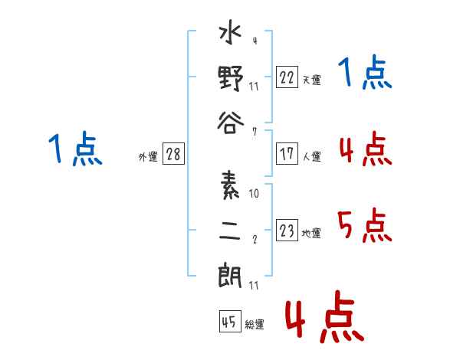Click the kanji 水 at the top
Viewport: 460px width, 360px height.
pyautogui.click(x=230, y=32)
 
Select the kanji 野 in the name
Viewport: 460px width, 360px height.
pyautogui.click(x=231, y=78)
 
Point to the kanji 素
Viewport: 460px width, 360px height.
pyautogui.click(x=230, y=185)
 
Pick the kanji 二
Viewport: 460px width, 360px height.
pyautogui.click(x=230, y=230)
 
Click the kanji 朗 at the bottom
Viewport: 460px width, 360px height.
pyautogui.click(x=230, y=275)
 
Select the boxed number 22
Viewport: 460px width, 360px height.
pyautogui.click(x=287, y=77)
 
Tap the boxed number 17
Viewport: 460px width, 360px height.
pyautogui.click(x=287, y=154)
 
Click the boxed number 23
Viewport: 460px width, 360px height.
pyautogui.click(x=287, y=230)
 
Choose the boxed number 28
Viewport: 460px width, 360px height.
pyautogui.click(x=173, y=154)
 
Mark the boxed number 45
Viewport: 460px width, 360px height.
pyautogui.click(x=230, y=321)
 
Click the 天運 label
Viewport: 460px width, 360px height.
pyautogui.click(x=312, y=80)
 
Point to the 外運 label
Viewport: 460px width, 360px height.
pyautogui.click(x=148, y=156)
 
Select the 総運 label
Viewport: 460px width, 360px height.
pyautogui.click(x=255, y=324)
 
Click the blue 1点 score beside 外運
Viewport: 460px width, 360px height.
pyautogui.click(x=75, y=149)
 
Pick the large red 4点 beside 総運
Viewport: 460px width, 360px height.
pyautogui.click(x=325, y=317)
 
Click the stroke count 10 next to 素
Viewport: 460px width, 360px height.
pyautogui.click(x=254, y=194)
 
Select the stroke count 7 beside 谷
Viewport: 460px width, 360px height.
pyautogui.click(x=255, y=132)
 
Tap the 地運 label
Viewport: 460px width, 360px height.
pyautogui.click(x=311, y=234)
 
